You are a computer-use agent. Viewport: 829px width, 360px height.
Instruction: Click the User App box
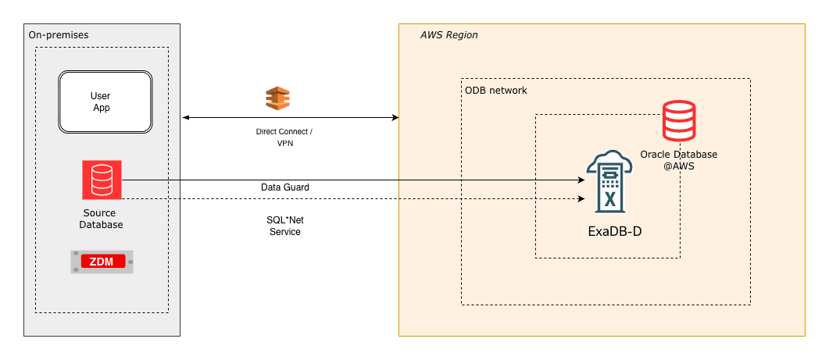click(105, 102)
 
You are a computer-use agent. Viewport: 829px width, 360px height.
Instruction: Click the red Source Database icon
click(102, 180)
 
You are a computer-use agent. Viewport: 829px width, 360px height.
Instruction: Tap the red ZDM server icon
click(102, 262)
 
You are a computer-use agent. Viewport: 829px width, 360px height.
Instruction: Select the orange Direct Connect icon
click(277, 99)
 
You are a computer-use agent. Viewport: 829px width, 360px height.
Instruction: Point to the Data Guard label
click(284, 187)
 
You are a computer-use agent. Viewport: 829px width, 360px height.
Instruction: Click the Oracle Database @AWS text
click(678, 160)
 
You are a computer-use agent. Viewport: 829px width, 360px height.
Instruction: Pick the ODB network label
click(495, 91)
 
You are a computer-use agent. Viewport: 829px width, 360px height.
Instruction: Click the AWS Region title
click(448, 36)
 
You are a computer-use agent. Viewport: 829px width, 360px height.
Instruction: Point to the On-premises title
click(59, 35)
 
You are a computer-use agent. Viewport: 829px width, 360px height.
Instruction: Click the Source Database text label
click(102, 219)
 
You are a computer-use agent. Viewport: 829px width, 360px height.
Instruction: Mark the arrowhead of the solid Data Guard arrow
click(581, 180)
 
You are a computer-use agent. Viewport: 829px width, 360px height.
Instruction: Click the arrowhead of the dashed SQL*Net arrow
click(581, 198)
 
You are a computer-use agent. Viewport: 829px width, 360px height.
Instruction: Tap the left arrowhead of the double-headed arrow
click(185, 118)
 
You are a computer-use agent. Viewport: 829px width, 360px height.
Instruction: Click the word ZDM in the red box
click(102, 262)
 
